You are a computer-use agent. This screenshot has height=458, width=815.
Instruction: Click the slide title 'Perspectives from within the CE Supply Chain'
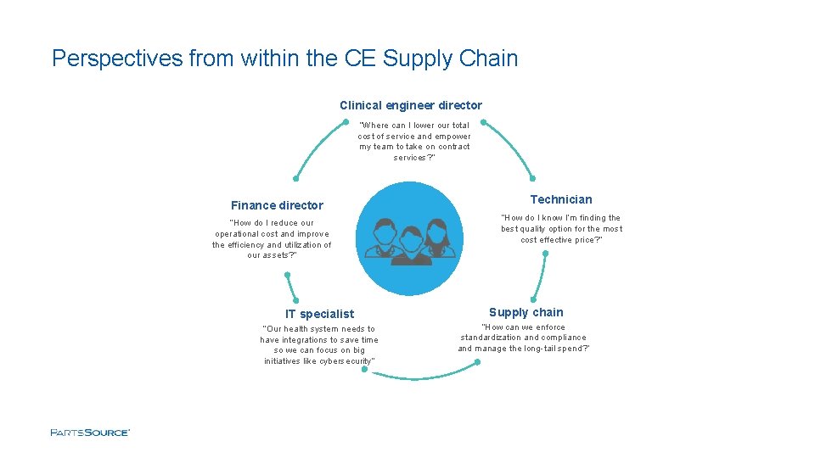[284, 59]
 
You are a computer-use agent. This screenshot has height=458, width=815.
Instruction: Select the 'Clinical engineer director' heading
[411, 105]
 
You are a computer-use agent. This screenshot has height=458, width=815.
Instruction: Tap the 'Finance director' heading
[277, 205]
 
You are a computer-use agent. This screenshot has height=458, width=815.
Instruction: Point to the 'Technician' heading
[561, 199]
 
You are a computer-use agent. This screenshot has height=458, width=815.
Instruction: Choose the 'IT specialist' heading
[319, 314]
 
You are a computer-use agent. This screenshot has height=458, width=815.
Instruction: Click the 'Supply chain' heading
[526, 312]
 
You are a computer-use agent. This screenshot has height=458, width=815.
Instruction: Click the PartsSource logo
[90, 433]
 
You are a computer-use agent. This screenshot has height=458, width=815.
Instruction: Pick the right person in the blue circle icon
[438, 238]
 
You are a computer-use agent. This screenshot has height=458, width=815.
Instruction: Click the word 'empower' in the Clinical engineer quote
[453, 137]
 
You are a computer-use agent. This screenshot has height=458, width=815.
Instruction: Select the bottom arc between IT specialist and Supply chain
[420, 377]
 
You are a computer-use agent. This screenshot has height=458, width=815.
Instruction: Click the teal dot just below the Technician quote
[545, 253]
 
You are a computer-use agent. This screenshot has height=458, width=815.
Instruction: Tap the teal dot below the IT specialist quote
[364, 369]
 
